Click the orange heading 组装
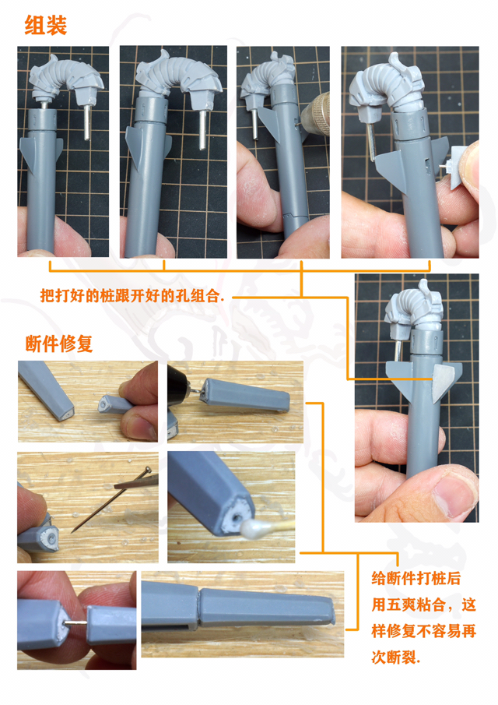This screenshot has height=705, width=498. pyautogui.click(x=46, y=26)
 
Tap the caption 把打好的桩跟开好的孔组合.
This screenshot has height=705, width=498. pyautogui.click(x=132, y=297)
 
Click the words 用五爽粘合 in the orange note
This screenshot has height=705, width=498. pyautogui.click(x=405, y=605)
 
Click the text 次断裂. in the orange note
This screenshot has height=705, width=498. pyautogui.click(x=395, y=657)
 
